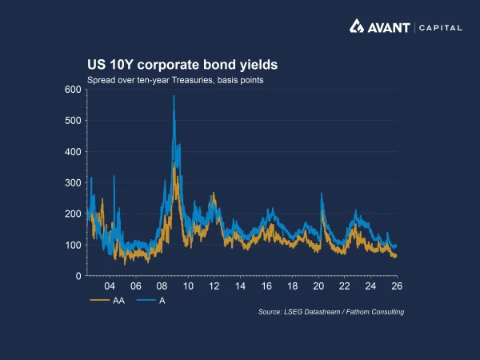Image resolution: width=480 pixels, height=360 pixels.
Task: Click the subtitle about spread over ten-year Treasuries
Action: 175,80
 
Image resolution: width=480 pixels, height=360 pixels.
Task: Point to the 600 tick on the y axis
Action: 72,90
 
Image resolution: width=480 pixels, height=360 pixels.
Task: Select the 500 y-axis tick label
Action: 72,121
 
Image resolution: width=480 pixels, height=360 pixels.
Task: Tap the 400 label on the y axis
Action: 72,152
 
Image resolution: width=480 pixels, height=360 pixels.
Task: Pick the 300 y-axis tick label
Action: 72,183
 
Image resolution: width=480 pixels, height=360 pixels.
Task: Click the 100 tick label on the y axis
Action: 72,245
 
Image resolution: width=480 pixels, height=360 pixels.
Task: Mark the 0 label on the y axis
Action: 78,276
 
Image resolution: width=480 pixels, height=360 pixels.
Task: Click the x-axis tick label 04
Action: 110,286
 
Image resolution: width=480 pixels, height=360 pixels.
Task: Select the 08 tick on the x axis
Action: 162,286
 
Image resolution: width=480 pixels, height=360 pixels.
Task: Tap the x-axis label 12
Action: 214,286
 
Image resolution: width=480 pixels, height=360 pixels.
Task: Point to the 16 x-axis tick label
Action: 266,286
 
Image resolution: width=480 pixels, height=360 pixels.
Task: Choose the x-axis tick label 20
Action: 318,286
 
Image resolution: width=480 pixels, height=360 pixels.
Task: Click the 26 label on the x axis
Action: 397,286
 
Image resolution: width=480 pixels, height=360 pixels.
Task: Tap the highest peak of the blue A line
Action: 174,97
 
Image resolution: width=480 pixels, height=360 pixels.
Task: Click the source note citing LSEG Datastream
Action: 330,311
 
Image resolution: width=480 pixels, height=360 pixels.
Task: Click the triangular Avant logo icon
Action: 357,27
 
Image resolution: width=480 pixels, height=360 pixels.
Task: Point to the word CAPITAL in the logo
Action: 439,28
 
